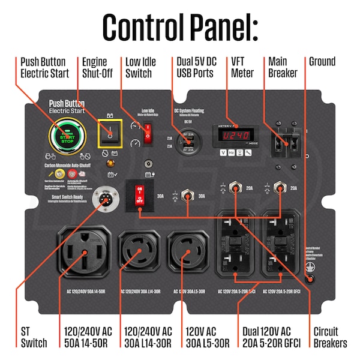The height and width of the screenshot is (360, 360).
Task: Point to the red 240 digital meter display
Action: (x=235, y=135)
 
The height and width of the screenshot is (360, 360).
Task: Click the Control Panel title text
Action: (x=180, y=26)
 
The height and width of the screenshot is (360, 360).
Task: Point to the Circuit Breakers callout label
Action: (x=330, y=337)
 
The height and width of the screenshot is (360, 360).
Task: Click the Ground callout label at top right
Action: (x=322, y=61)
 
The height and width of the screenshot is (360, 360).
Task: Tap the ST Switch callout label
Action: (x=34, y=337)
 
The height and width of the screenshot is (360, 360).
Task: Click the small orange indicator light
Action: (x=109, y=162)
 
